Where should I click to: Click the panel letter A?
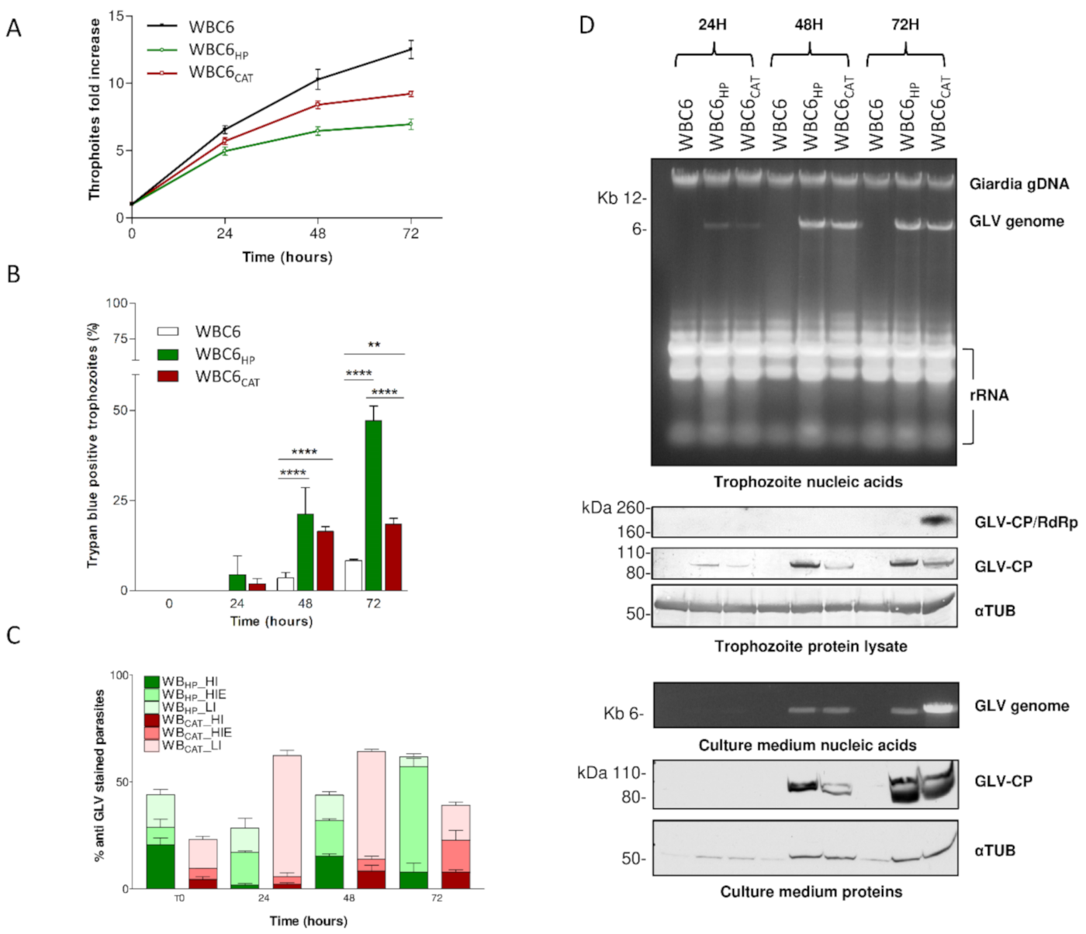tap(13, 29)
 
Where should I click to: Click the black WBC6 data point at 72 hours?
tap(410, 50)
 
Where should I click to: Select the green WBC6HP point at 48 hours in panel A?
tap(317, 131)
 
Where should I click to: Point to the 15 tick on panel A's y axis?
tap(116, 16)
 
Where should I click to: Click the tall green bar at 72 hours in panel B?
tap(373, 504)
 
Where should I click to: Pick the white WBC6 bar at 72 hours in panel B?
tap(353, 575)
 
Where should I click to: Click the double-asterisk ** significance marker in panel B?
tap(374, 345)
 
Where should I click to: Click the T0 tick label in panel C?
tap(179, 898)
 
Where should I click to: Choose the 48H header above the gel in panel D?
tap(808, 25)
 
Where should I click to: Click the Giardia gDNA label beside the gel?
tap(1019, 184)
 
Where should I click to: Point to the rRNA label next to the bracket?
tap(988, 395)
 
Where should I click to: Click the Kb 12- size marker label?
tap(621, 199)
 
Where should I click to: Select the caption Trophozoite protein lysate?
tap(811, 646)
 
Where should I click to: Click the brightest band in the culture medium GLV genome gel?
tap(940, 707)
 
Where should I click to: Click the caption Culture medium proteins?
tap(811, 891)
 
